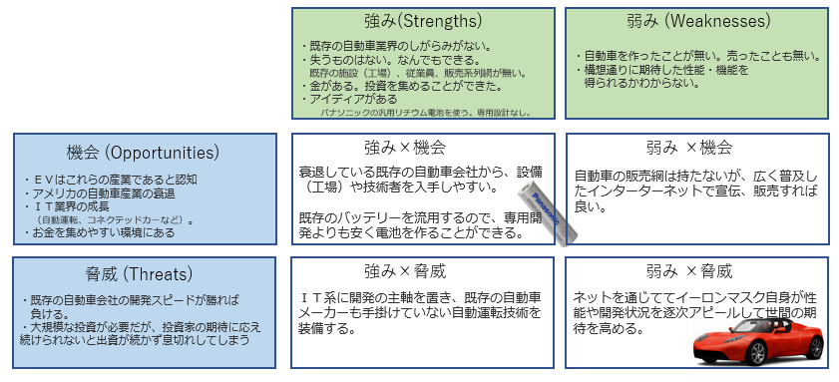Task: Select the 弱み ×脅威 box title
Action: tap(688, 270)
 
